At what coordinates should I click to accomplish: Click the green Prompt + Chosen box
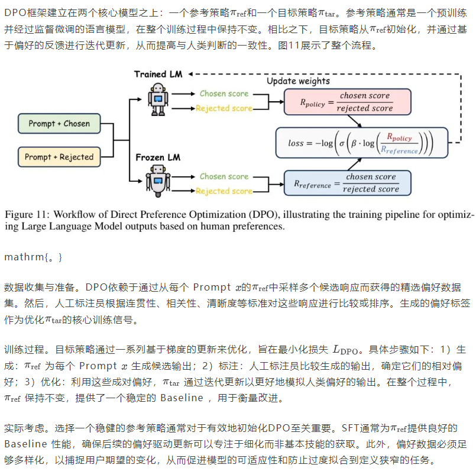click(x=60, y=124)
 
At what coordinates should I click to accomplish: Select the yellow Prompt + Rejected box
click(x=60, y=157)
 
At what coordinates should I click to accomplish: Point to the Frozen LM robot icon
click(x=158, y=180)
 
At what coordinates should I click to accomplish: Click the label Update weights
click(x=298, y=80)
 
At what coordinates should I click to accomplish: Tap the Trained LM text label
click(x=158, y=74)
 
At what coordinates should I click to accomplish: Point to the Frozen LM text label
click(x=157, y=157)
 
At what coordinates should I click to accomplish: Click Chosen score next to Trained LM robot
click(x=224, y=93)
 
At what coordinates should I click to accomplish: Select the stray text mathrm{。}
click(x=33, y=257)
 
